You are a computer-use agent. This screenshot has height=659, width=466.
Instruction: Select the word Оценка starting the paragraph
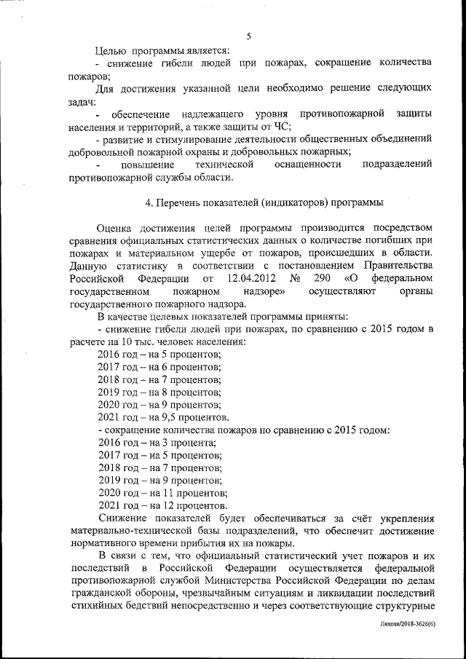(116, 232)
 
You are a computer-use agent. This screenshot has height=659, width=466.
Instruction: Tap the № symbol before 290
(296, 278)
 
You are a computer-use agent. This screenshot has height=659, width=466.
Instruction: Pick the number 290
(323, 278)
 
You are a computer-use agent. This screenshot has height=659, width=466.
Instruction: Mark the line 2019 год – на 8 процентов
(159, 392)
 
